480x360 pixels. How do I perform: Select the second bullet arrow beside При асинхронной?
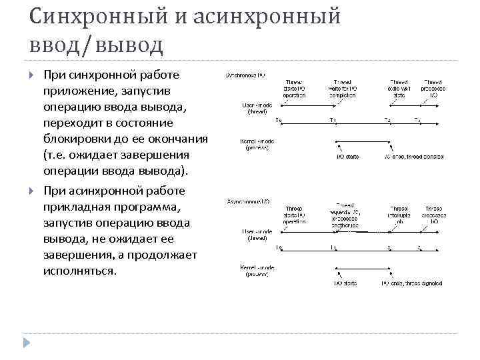tap(31, 191)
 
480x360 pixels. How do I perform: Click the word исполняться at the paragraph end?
tap(79, 271)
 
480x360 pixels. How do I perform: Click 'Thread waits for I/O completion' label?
tap(344, 89)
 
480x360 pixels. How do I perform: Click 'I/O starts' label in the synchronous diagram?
tap(347, 157)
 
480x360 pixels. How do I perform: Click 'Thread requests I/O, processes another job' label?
tap(345, 215)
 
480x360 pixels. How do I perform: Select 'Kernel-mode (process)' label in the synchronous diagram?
tap(253, 144)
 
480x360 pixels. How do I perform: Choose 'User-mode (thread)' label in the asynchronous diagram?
tap(255, 234)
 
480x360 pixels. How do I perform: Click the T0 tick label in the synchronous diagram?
tap(279, 120)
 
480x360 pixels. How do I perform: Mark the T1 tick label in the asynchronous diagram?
tap(333, 247)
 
